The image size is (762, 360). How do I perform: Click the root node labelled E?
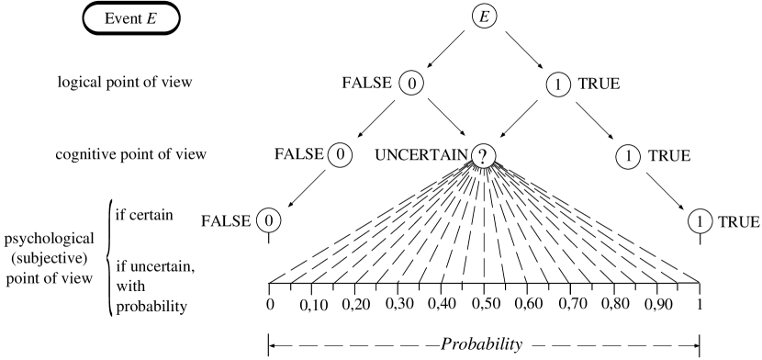[x=484, y=17]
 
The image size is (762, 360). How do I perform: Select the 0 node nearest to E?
[x=411, y=84]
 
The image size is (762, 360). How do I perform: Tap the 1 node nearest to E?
[x=557, y=84]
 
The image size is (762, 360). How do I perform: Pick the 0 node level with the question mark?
[x=340, y=155]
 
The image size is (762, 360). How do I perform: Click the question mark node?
[x=483, y=156]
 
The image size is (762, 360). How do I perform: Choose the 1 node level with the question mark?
[x=627, y=157]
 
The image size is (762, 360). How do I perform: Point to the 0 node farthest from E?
[x=268, y=220]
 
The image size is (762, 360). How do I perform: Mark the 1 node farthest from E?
[x=700, y=221]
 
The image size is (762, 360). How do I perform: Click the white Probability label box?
[x=486, y=344]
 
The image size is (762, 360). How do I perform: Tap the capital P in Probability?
[x=447, y=344]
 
